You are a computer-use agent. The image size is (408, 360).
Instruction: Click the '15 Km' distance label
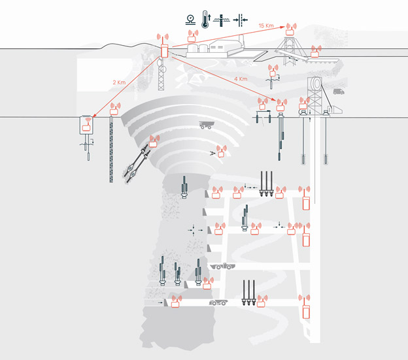(x=266, y=25)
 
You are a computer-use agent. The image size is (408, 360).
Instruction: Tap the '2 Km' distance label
(x=119, y=82)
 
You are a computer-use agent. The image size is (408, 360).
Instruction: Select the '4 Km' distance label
(x=241, y=79)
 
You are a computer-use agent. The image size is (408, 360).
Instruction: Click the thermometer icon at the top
(x=205, y=19)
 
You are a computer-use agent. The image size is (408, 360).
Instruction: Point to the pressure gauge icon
(x=191, y=20)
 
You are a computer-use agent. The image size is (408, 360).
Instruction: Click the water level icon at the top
(x=222, y=20)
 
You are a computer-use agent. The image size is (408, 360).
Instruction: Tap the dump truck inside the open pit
(x=207, y=125)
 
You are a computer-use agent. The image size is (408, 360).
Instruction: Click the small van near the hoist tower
(x=339, y=91)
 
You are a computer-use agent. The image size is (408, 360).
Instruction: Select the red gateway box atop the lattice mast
(x=164, y=51)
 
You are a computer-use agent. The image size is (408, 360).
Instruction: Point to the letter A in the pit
(x=212, y=154)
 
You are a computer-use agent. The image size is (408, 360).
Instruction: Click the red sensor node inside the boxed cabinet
(x=86, y=127)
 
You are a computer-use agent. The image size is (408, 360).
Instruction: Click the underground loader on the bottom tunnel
(x=218, y=303)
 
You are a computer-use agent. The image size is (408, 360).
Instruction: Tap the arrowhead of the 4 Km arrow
(x=274, y=99)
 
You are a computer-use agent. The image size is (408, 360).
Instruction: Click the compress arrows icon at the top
(x=241, y=20)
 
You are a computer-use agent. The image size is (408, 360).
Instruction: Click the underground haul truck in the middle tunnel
(x=223, y=267)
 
